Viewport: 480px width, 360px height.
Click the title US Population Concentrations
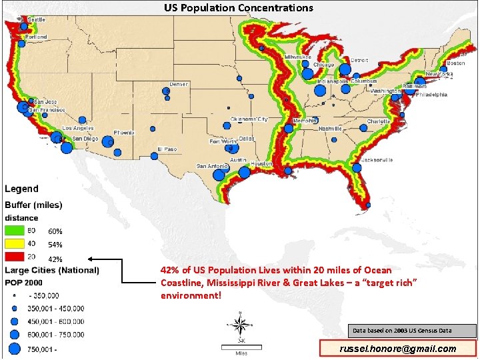(x=239, y=8)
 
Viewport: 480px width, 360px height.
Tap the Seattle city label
(x=36, y=19)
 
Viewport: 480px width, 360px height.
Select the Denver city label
(x=179, y=85)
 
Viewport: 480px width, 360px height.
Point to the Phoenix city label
(x=124, y=133)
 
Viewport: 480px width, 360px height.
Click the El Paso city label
(x=167, y=149)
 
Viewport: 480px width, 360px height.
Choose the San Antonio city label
(x=212, y=166)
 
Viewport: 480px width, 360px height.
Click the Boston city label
(x=456, y=63)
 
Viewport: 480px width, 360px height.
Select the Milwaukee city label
(x=298, y=57)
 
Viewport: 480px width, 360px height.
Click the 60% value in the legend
(x=55, y=231)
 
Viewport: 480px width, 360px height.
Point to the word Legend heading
(x=22, y=189)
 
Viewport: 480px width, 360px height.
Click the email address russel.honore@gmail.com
(x=398, y=349)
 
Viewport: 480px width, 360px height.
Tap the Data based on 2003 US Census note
(x=411, y=331)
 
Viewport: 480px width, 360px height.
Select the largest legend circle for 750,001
(x=14, y=347)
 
